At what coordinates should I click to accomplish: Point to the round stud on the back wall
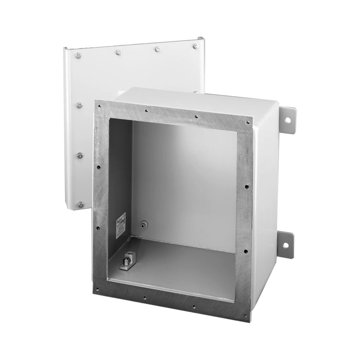tap(143, 225)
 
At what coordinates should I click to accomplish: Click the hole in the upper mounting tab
tap(288, 121)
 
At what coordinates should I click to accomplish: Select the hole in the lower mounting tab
tap(286, 245)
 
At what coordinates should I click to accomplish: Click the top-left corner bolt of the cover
tap(78, 56)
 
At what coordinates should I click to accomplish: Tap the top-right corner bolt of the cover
tap(195, 46)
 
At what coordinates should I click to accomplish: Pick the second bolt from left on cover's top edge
tap(118, 52)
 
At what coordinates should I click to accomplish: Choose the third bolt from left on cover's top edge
tap(158, 49)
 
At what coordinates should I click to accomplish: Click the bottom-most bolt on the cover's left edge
tap(80, 205)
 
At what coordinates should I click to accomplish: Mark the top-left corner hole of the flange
tap(99, 106)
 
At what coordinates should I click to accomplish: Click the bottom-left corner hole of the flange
tap(97, 289)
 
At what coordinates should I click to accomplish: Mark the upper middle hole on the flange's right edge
tap(247, 186)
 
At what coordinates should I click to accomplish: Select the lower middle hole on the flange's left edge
tap(97, 227)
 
